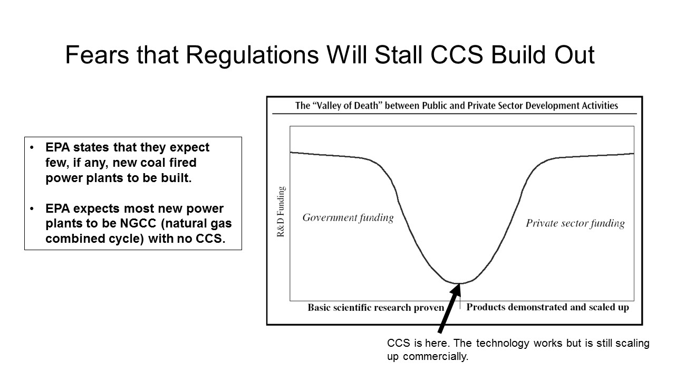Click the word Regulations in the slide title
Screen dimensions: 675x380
252,56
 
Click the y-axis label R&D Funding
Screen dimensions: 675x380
281,212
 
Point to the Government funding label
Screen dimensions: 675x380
348,217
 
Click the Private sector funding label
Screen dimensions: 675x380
575,223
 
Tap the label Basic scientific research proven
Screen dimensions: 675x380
376,307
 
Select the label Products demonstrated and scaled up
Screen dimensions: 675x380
547,307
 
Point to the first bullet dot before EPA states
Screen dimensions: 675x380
32,147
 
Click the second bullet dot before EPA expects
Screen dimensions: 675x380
32,208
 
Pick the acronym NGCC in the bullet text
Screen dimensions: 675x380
138,223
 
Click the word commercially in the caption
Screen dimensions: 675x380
436,356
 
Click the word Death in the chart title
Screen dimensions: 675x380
367,106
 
